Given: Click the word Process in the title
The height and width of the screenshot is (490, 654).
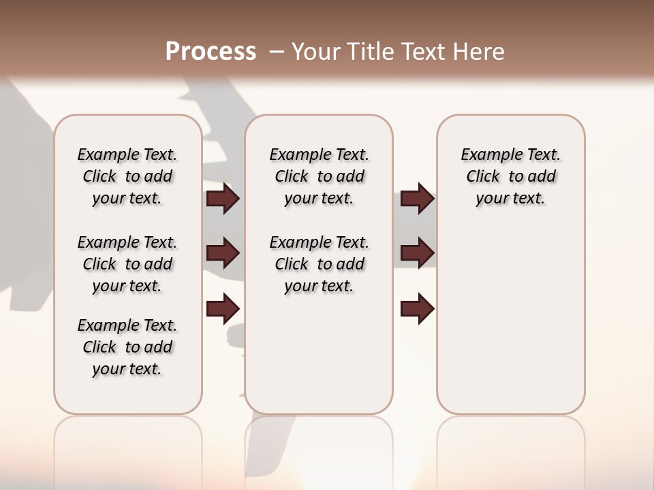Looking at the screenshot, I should click(x=211, y=51).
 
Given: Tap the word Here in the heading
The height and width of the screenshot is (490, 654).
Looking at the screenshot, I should click(x=479, y=51).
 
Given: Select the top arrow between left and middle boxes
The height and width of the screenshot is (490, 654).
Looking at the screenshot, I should click(x=223, y=199).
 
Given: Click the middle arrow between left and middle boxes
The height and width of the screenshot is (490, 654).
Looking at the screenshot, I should click(x=223, y=253).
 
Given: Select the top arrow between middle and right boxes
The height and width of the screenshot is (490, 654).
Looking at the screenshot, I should click(x=417, y=199).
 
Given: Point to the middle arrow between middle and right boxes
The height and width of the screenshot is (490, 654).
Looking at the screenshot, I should click(x=417, y=253).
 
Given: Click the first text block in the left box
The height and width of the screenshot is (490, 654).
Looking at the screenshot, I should click(x=127, y=176).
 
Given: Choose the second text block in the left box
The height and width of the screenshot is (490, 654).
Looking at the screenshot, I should click(x=127, y=264).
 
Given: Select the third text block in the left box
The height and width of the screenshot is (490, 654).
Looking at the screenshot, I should click(x=127, y=347).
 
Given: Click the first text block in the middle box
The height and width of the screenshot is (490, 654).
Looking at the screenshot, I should click(x=319, y=176).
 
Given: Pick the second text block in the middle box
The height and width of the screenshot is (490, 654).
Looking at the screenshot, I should click(x=319, y=264).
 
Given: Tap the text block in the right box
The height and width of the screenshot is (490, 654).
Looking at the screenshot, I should click(x=510, y=176).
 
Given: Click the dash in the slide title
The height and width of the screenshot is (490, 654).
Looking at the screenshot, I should click(x=276, y=51).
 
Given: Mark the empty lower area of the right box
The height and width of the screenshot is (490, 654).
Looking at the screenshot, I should click(x=510, y=327).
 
